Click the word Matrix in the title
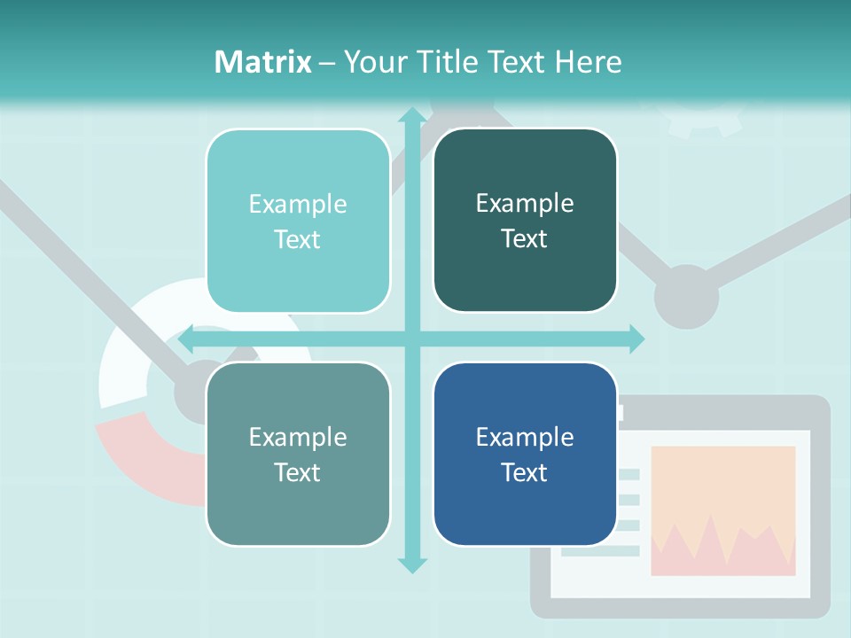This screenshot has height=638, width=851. point(263,62)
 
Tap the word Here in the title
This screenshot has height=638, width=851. point(588,62)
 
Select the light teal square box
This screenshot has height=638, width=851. point(298,222)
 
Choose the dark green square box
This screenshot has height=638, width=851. point(525,221)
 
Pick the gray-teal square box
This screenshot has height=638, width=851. point(298,455)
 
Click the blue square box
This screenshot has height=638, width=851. point(525,455)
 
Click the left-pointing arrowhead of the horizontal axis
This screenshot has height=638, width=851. point(186,339)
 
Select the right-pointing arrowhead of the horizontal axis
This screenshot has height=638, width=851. point(636,339)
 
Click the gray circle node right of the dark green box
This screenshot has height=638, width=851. point(686,297)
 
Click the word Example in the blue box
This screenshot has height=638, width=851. point(525,437)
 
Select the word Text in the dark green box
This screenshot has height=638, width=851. point(525,239)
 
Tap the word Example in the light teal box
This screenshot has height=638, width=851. point(298,205)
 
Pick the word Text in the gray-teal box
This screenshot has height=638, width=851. point(298,473)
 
